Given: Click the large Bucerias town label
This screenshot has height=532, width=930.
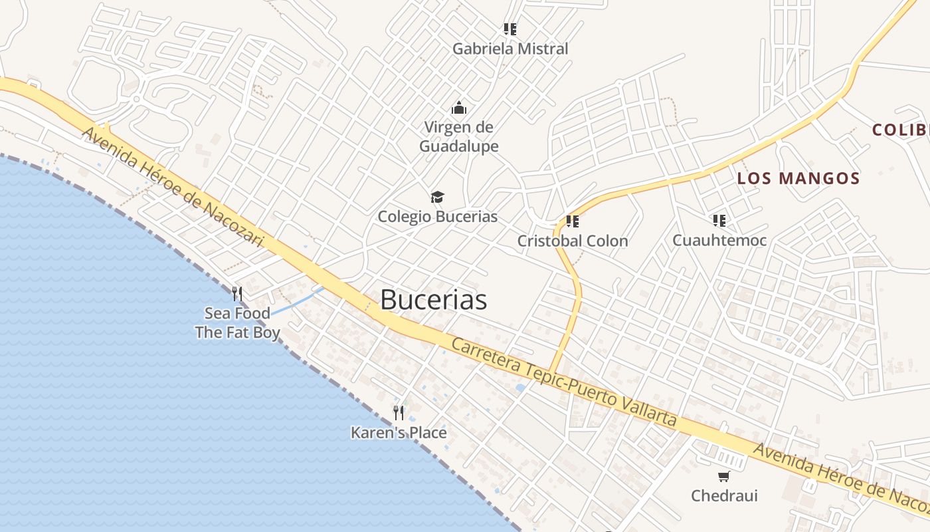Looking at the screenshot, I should point(433,300).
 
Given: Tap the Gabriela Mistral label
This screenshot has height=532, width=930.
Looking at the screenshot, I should point(510,49).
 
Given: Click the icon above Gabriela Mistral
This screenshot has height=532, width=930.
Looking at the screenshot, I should point(510,29).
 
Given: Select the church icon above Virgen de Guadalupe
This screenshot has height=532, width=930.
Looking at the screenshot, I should point(458,107).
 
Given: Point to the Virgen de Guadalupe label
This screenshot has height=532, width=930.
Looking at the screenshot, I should point(458,136).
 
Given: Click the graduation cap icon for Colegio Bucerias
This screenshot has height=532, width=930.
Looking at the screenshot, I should point(437,198).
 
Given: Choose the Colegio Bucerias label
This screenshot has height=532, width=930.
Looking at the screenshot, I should point(437,217).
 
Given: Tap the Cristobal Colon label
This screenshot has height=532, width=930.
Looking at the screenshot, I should point(573,241).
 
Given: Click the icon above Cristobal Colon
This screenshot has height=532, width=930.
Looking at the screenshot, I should point(573,221).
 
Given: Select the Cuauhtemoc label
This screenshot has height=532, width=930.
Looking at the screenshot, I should point(719,240).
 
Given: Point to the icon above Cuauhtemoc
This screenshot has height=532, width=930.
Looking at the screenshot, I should point(719,220).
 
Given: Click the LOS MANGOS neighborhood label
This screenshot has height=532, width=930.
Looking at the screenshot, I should point(798,178).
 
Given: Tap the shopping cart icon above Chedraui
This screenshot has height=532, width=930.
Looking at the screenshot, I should point(724,476).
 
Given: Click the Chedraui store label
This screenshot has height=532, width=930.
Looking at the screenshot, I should point(724,496).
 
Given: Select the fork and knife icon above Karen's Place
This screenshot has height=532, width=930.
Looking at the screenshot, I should point(399,413).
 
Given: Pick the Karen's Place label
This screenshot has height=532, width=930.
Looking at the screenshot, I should point(399,433).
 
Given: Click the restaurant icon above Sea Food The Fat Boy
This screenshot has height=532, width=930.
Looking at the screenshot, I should point(237,293).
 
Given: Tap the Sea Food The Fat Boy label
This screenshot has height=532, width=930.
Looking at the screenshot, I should point(237,323).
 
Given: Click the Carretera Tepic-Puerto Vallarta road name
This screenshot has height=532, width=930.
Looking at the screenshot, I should point(564,383).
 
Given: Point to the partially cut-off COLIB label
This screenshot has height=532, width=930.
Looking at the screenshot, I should point(901,130).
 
